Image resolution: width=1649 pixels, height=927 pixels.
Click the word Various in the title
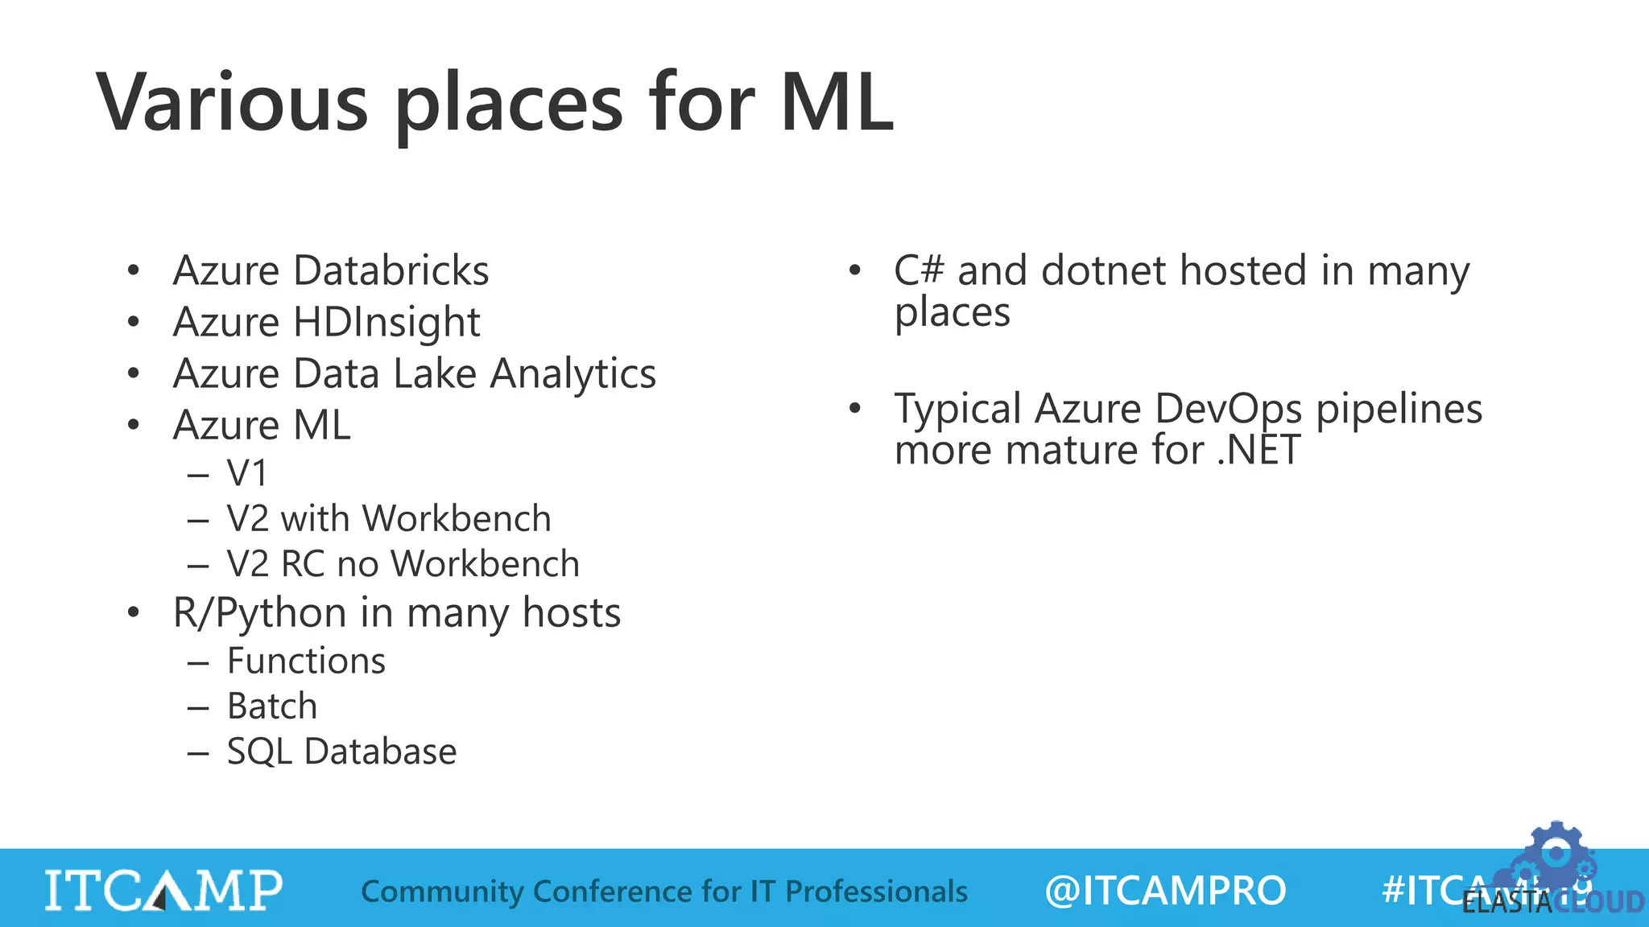(233, 102)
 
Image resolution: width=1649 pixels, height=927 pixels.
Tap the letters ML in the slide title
(837, 102)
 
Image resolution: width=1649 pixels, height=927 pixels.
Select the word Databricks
(391, 270)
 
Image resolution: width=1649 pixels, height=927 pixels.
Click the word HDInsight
(386, 323)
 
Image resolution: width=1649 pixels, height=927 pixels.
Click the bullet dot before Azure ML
(134, 424)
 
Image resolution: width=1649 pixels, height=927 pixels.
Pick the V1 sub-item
(246, 473)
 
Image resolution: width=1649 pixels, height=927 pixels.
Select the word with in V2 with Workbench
(315, 519)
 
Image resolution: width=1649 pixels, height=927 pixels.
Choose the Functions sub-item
(306, 661)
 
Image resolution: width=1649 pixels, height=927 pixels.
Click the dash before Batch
(198, 707)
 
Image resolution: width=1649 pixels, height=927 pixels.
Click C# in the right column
(918, 270)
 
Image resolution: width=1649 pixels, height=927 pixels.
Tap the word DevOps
(1228, 409)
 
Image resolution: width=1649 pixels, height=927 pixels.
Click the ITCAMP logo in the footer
(163, 890)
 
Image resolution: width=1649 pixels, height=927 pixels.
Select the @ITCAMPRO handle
(1165, 891)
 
